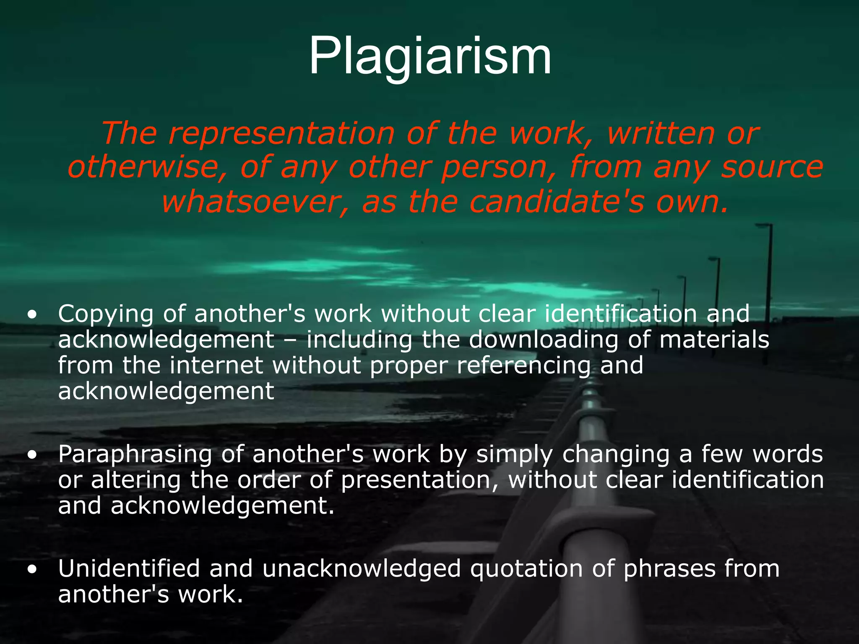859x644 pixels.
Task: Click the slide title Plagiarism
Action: [430, 56]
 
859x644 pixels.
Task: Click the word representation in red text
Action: [281, 133]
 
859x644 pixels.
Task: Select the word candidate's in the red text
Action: [556, 202]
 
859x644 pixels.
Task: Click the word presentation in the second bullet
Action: [416, 480]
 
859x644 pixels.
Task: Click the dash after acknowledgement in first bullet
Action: [290, 341]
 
